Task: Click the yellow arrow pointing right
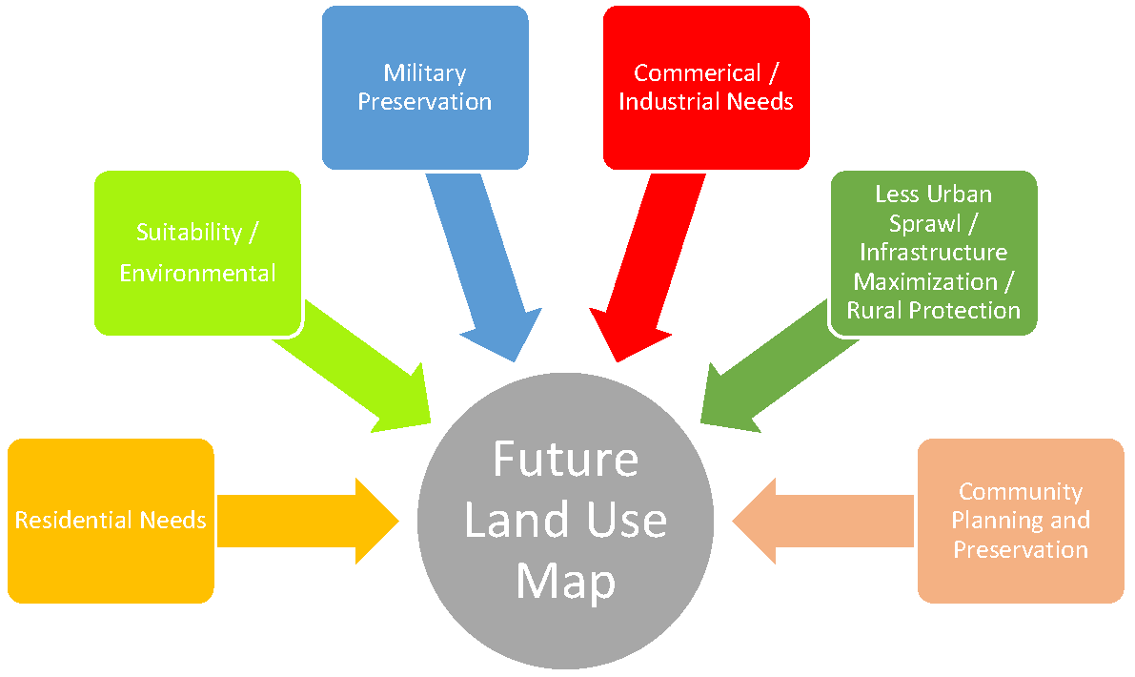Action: (305, 521)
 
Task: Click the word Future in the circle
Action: (565, 460)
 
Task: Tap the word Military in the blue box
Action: (424, 73)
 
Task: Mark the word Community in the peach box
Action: (1021, 492)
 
